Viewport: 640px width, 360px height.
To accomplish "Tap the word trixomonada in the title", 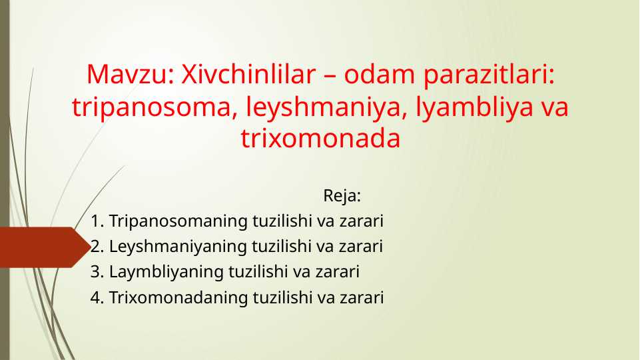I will (x=320, y=139).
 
